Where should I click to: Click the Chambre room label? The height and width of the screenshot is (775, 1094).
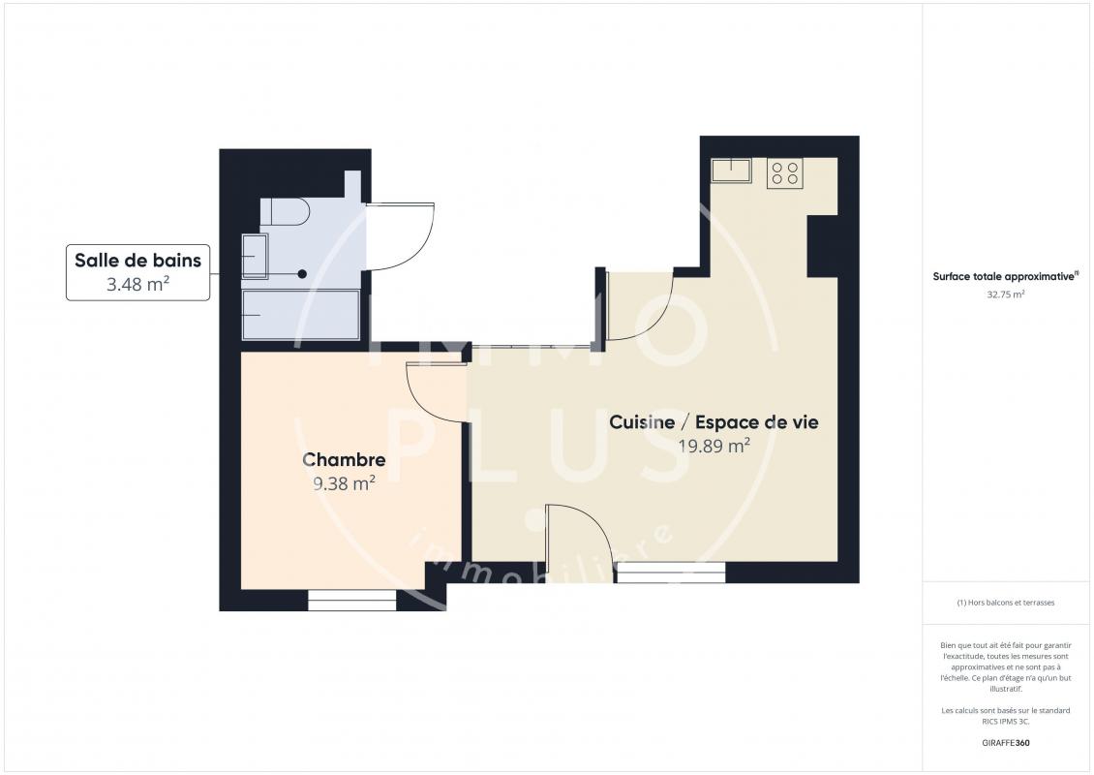coord(344,459)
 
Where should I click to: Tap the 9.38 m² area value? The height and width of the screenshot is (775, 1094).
coord(344,483)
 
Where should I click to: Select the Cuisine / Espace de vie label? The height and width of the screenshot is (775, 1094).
coord(714,421)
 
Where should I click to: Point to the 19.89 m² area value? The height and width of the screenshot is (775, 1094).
coord(714,446)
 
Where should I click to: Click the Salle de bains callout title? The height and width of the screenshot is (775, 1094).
coord(138,261)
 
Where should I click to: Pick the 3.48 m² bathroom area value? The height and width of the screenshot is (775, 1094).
coord(138,284)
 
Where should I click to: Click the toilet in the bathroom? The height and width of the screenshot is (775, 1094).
coord(286,211)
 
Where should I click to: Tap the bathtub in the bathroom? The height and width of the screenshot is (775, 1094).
coord(301,315)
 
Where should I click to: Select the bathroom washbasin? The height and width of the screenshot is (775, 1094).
coord(255,257)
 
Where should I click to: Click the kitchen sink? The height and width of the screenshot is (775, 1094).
coord(731,171)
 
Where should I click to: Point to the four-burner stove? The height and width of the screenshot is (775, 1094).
coord(785,173)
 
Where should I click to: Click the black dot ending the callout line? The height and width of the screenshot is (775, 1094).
coord(302,274)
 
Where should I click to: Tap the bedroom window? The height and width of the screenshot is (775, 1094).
coord(352,601)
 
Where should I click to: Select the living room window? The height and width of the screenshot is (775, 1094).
coord(671,573)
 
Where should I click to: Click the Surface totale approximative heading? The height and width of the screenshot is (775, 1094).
coord(1005,276)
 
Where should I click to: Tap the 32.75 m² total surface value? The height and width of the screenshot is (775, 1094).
coord(1005,294)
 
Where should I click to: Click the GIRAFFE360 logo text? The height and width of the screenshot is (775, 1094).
coord(1005,743)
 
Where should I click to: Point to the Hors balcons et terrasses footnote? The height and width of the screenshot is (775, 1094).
coord(1005,603)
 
